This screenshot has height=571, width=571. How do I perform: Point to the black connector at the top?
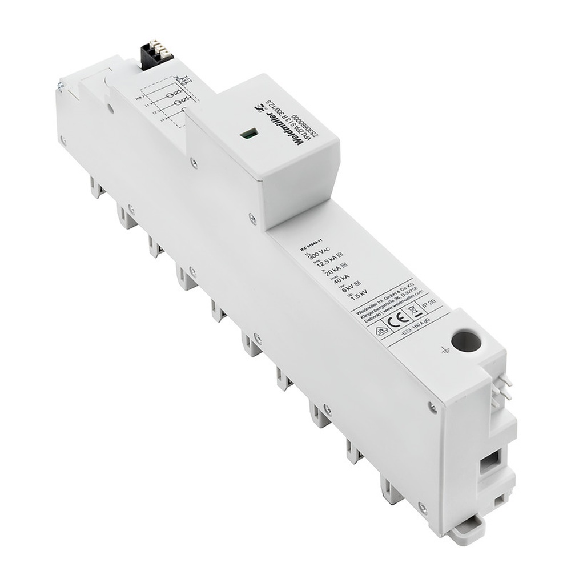[152, 55]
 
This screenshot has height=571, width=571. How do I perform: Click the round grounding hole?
[466, 341]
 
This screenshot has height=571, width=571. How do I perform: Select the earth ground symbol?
[445, 350]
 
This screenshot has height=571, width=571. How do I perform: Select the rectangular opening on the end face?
[489, 461]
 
